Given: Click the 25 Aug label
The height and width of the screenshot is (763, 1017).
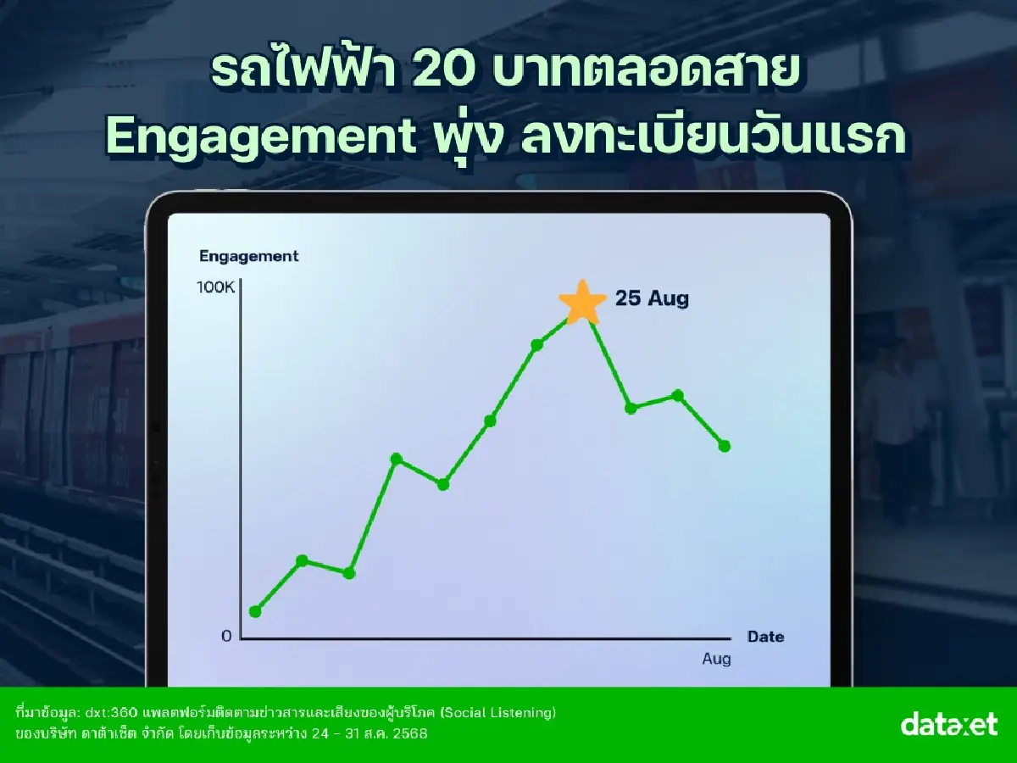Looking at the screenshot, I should click(x=652, y=298).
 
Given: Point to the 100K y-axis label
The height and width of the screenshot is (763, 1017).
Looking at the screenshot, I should click(x=215, y=287).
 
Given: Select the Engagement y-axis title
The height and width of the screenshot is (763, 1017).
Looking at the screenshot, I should click(x=249, y=256).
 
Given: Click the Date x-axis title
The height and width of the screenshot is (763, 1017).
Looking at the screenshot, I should click(x=765, y=637).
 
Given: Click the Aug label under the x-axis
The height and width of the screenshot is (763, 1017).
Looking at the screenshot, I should click(x=716, y=659).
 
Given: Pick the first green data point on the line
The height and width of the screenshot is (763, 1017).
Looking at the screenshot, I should click(x=255, y=611).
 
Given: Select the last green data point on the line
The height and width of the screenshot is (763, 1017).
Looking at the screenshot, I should click(x=724, y=446).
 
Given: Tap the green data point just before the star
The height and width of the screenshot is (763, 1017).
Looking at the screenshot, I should click(x=536, y=345).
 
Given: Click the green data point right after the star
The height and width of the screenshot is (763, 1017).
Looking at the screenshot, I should click(x=631, y=408).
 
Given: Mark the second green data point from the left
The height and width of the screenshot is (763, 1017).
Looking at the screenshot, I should click(x=303, y=560).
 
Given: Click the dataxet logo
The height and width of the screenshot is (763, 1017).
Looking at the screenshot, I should click(x=949, y=725).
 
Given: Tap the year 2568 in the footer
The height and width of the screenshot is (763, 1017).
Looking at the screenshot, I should click(x=408, y=733).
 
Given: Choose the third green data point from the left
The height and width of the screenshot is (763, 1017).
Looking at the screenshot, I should click(x=348, y=573).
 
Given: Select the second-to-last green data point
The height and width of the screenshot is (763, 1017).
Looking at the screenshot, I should click(x=677, y=395).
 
